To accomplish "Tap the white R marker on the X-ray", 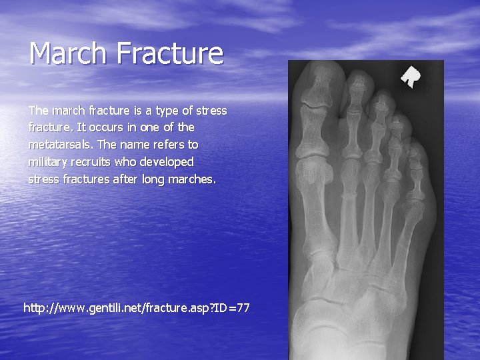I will [x=411, y=77].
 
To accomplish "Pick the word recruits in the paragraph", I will [x=91, y=162].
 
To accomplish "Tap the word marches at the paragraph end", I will [x=193, y=179].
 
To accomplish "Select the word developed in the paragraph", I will [x=167, y=162].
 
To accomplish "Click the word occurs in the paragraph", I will [x=105, y=127].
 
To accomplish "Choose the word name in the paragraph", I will [x=131, y=144].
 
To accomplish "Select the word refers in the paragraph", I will [x=167, y=144].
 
